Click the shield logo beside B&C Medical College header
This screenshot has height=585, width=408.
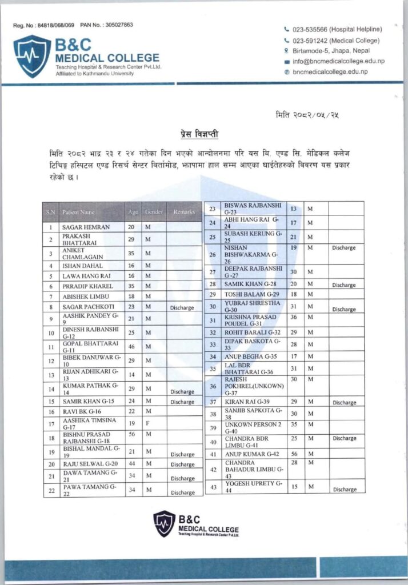click(32, 56)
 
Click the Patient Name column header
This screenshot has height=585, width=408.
click(79, 212)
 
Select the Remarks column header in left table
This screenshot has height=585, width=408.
click(184, 212)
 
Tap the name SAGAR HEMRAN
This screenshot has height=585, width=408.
click(86, 227)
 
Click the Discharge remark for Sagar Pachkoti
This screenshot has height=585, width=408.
click(182, 307)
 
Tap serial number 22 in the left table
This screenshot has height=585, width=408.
click(51, 490)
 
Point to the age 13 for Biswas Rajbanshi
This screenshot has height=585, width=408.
click(293, 209)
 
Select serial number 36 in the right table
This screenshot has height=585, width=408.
click(213, 386)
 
